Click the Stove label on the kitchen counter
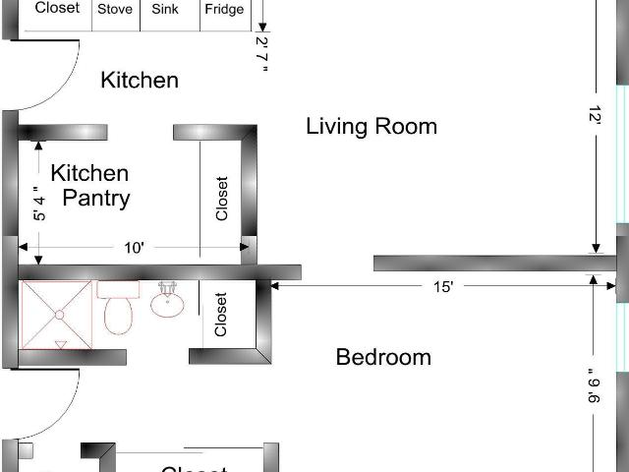point(115,9)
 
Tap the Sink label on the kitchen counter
point(165,9)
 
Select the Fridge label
point(224,9)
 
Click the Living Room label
point(372,126)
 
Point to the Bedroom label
point(383,357)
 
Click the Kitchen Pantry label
point(90,186)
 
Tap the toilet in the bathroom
point(118,308)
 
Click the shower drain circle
point(59,315)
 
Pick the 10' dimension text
point(134,248)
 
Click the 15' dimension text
point(443,287)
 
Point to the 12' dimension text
point(595,114)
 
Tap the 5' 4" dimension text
point(39,204)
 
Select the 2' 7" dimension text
point(262,55)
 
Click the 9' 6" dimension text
point(594,385)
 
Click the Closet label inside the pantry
point(221,199)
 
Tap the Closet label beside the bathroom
point(220,315)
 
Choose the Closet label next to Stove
point(57,8)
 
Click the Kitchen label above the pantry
point(140,80)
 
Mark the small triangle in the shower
point(61,344)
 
